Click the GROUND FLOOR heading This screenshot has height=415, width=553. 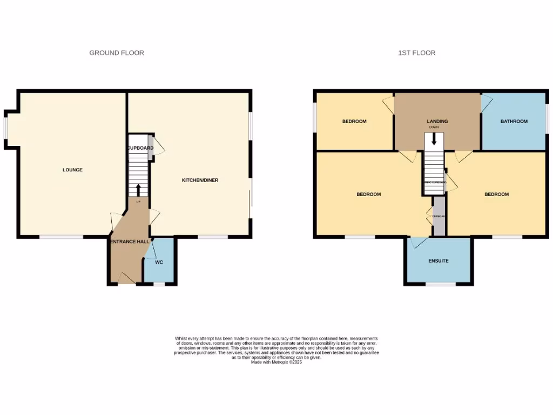[117, 53]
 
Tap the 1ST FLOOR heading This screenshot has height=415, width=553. [416, 53]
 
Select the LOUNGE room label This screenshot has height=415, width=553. [72, 170]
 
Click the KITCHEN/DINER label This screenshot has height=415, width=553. [200, 180]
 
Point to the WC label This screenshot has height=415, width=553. [159, 262]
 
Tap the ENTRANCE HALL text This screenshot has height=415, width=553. [130, 242]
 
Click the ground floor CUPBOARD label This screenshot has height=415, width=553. [140, 148]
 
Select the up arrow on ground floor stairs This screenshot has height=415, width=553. [138, 189]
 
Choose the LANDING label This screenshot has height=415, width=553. [437, 122]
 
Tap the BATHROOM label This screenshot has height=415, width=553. [514, 122]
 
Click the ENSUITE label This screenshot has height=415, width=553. [439, 261]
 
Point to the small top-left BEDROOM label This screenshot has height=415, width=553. [354, 122]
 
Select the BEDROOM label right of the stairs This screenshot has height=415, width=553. [496, 194]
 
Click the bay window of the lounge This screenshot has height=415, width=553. [6, 129]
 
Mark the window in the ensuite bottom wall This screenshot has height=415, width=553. [440, 284]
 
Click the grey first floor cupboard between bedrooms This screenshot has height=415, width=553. [439, 216]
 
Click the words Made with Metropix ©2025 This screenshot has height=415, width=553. [276, 363]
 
